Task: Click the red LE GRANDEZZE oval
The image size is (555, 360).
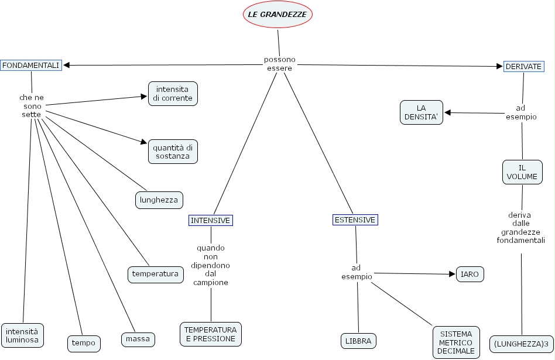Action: pos(278,15)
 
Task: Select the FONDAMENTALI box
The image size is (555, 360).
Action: pos(31,66)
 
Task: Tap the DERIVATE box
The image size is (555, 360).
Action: pos(523,67)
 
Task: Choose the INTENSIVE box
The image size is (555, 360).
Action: pos(211,220)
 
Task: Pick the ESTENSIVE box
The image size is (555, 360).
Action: pos(355,220)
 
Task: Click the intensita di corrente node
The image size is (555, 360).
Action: pos(173,94)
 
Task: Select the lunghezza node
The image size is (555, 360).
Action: pos(159,200)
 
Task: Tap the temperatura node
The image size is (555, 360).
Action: pos(155,274)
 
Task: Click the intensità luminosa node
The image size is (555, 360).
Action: pos(22,335)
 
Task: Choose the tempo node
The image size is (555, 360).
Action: pos(84,342)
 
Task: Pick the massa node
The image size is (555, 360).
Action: pos(138,339)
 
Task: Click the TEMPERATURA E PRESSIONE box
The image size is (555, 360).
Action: pos(211,334)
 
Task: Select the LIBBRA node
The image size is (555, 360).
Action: pos(358,340)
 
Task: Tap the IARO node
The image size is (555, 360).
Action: pos(470,273)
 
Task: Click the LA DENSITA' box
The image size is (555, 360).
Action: pos(422,112)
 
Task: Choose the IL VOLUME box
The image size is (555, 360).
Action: pos(522,172)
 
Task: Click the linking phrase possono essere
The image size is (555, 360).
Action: pos(279,63)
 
